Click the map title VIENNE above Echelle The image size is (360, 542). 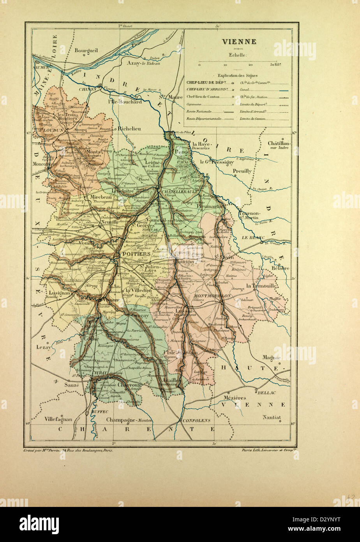[239, 42]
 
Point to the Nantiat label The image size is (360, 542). [271, 417]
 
